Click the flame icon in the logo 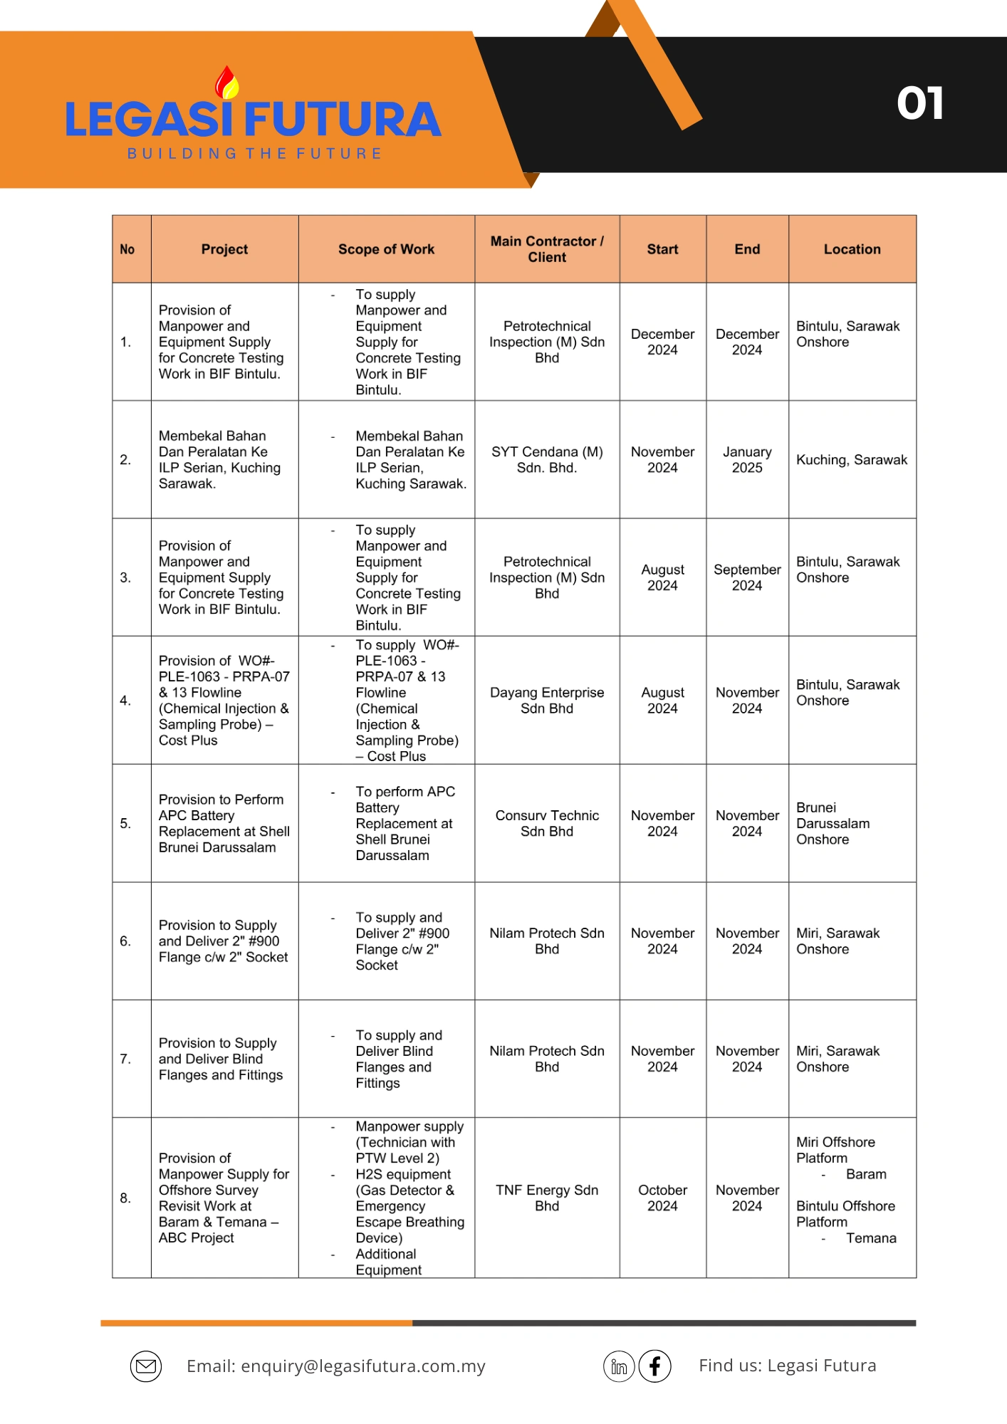tap(228, 83)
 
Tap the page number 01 tap(920, 104)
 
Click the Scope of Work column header tap(386, 249)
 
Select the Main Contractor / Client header tap(547, 249)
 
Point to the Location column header tap(852, 249)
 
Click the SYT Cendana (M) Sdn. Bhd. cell tap(547, 460)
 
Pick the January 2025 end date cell tap(747, 460)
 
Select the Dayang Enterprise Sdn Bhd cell tap(547, 701)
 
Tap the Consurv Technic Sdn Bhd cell tap(547, 823)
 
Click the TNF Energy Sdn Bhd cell tap(547, 1198)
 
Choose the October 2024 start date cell tap(662, 1198)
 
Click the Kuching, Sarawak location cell tap(852, 460)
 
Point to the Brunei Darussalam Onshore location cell tap(833, 823)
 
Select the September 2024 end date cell tap(747, 577)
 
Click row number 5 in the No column tap(125, 823)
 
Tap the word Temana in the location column tap(871, 1238)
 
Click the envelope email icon tap(146, 1366)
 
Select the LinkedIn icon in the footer tap(619, 1366)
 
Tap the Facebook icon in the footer tap(654, 1366)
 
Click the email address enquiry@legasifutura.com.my tap(363, 1366)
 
